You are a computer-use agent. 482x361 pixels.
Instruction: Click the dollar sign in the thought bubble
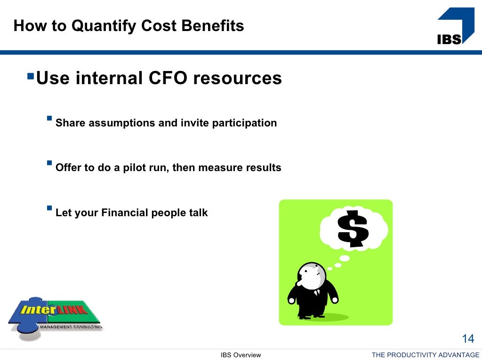[x=353, y=229]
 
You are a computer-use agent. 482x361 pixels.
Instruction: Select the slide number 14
[x=468, y=338]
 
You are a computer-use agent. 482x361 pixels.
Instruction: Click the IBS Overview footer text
[x=241, y=355]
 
